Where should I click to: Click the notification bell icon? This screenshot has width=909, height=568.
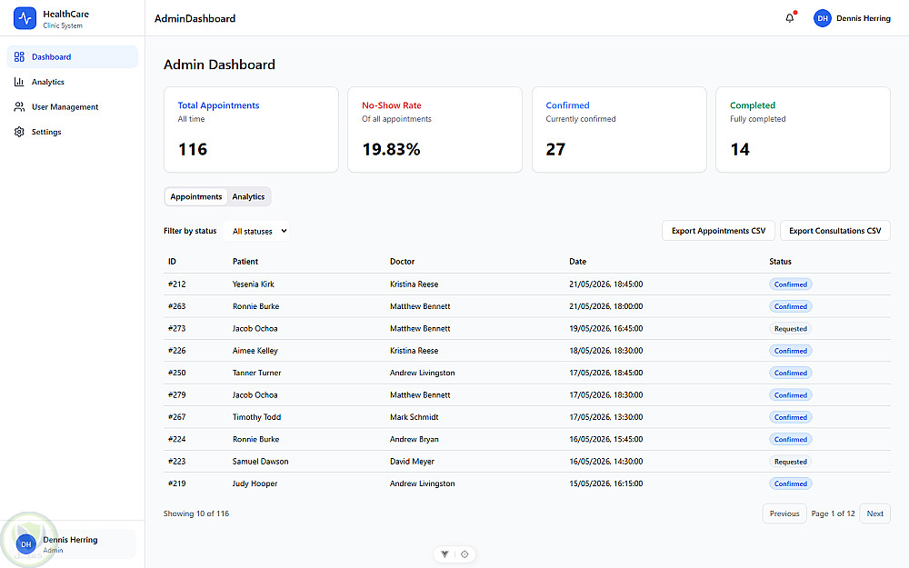pos(790,18)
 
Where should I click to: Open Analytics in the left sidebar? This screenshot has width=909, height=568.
pos(47,82)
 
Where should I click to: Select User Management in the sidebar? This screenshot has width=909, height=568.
pos(65,106)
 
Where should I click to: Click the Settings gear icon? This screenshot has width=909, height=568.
pos(19,132)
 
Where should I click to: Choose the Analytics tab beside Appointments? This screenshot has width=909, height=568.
pos(248,196)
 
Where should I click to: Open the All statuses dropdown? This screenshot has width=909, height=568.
pos(257,231)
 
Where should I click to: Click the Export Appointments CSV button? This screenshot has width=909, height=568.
pos(718,231)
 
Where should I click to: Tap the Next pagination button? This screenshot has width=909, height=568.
pos(874,513)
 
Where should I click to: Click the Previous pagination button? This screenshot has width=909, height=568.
pos(784,513)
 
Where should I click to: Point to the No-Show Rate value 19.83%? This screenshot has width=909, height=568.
pos(391,150)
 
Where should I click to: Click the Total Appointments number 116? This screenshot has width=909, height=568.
pos(193,150)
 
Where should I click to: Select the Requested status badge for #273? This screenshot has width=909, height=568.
pos(790,329)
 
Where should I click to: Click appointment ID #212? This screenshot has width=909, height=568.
pos(177,284)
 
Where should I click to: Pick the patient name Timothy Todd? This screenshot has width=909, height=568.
pos(257,417)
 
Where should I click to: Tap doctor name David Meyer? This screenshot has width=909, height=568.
pos(412,462)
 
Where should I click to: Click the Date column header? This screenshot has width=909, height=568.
pos(577,262)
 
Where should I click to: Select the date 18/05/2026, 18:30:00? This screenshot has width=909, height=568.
pos(605,351)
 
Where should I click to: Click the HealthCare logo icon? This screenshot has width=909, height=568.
pos(25,18)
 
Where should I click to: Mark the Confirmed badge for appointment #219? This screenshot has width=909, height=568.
pos(790,483)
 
